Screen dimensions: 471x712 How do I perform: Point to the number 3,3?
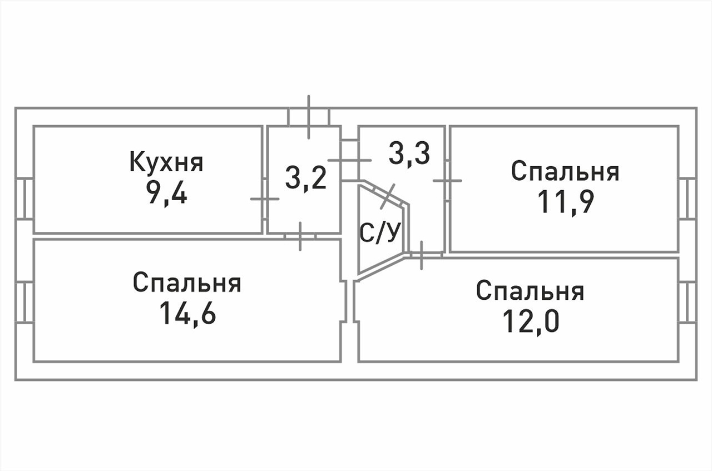[x=409, y=153]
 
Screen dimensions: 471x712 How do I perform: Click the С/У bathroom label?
[x=380, y=234]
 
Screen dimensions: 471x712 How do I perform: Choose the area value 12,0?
[x=530, y=321]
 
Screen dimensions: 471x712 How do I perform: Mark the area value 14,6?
[x=187, y=313]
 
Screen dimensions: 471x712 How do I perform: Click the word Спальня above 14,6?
[x=187, y=283]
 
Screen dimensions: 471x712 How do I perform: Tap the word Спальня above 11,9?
[x=565, y=172]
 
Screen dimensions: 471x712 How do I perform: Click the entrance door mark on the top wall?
[x=309, y=117]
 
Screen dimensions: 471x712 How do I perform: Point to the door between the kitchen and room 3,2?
[x=264, y=199]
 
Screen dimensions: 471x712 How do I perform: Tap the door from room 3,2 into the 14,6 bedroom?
[x=300, y=236]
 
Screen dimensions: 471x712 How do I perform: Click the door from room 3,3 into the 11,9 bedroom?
[x=447, y=180]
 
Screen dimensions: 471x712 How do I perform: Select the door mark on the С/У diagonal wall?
[x=388, y=196]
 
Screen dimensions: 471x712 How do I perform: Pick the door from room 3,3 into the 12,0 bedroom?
[x=422, y=255]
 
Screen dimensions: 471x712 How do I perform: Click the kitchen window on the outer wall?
[x=24, y=198]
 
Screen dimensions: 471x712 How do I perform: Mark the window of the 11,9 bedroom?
[x=688, y=198]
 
